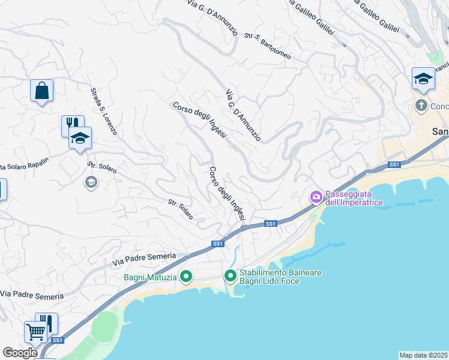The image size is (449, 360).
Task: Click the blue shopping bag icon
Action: (41, 91)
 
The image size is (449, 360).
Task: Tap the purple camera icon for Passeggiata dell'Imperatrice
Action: (316, 197)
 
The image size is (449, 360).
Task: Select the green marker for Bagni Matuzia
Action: (186, 277)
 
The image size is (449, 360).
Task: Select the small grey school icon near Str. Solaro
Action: (91, 182)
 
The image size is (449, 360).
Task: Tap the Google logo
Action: (20, 353)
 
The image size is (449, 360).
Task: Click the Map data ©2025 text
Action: (423, 355)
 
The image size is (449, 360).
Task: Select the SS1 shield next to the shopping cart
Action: (57, 340)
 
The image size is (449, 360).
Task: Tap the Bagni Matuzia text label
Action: (151, 277)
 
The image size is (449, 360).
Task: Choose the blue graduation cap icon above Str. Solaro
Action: (80, 139)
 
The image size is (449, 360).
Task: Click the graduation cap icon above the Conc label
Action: (423, 79)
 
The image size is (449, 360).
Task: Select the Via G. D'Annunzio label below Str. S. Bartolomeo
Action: (243, 116)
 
